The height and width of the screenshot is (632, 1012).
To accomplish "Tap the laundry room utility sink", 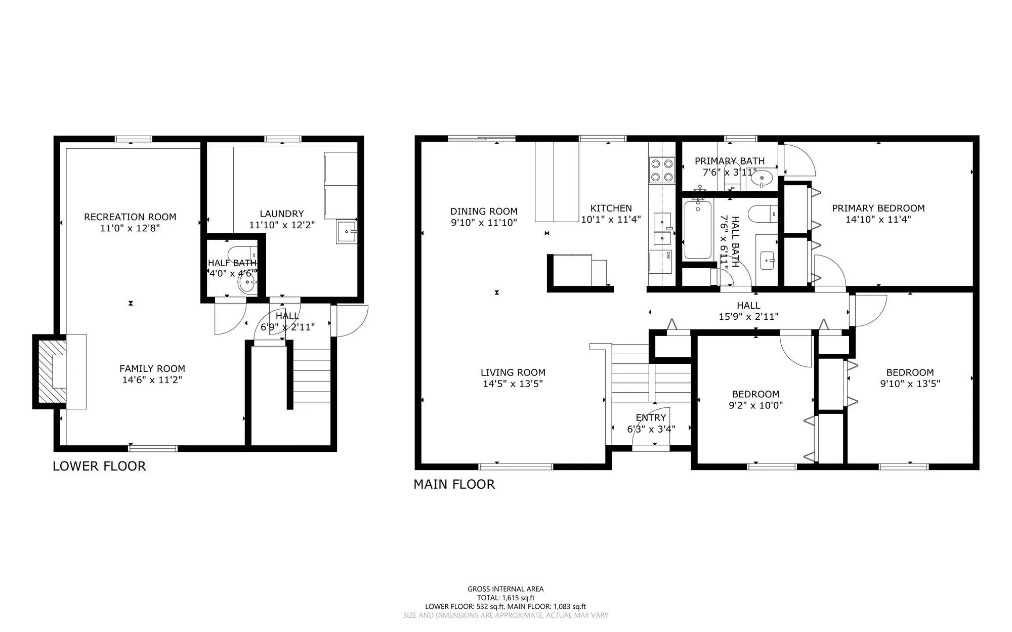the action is tap(347, 232).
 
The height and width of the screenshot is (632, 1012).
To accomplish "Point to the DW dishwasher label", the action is tap(668, 256).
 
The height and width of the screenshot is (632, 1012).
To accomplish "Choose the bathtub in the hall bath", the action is tap(698, 229).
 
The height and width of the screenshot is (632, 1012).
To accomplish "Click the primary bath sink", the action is tap(762, 178).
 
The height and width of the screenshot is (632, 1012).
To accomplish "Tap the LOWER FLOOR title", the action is tap(99, 466).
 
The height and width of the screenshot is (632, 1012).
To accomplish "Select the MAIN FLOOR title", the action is tap(454, 484).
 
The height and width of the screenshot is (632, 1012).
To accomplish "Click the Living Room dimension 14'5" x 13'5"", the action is tap(513, 384).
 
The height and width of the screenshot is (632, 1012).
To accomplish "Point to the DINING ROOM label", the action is tap(484, 212).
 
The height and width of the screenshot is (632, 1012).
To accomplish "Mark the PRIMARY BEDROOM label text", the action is tap(878, 208).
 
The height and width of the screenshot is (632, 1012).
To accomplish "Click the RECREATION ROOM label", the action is tap(130, 217).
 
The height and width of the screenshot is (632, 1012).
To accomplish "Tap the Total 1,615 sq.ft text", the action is tap(505, 598).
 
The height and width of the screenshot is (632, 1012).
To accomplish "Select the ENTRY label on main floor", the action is tap(651, 417).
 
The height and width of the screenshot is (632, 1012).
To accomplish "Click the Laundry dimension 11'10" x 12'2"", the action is tap(282, 225).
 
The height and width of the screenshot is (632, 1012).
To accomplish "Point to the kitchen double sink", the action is tap(663, 229).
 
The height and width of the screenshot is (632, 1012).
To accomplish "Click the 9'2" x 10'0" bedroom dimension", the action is tap(755, 405).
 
